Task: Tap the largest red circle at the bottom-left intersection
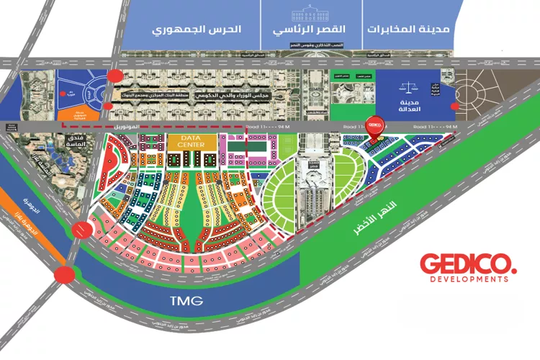65,275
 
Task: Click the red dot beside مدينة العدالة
454,106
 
